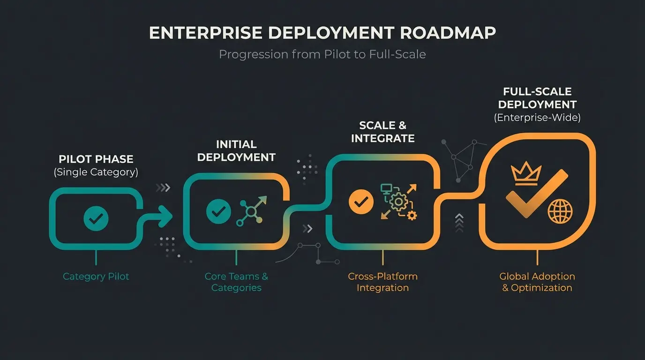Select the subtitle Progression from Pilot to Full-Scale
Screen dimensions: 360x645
[322, 54]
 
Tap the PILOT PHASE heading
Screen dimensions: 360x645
[96, 159]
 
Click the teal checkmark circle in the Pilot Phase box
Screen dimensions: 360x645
[96, 218]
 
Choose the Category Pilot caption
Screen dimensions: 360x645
[96, 277]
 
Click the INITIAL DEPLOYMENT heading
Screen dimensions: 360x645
[236, 150]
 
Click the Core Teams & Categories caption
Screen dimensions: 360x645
[236, 282]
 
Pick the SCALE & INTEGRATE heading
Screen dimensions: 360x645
[382, 132]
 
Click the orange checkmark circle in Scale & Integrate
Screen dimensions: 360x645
[361, 202]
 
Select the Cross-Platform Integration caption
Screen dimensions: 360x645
[382, 282]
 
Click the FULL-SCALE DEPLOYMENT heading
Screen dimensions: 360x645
[537, 98]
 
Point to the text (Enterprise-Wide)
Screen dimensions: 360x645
[537, 118]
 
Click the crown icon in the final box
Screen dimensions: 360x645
[526, 174]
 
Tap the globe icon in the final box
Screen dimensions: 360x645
[560, 211]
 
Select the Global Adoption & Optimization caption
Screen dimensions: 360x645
[537, 282]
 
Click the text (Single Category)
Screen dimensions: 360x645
[96, 172]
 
